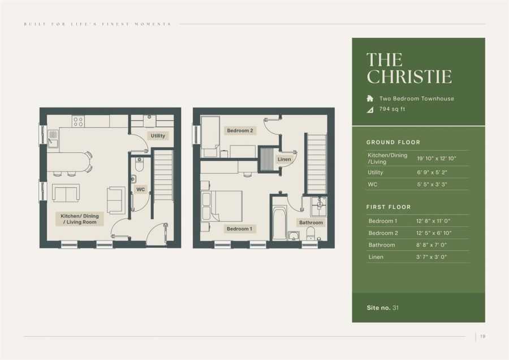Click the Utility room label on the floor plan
point(158,136)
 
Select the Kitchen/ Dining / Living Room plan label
point(79,219)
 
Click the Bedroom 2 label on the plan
point(240,131)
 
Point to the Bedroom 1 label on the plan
point(239,229)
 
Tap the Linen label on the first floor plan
point(284,160)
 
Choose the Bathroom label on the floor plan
point(310,222)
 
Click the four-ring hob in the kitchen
point(78,121)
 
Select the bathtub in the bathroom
point(279,222)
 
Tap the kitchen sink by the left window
point(53,137)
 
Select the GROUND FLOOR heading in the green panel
point(393,142)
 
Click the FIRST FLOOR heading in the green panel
point(388,207)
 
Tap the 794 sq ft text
point(392,109)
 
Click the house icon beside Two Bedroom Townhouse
point(370,98)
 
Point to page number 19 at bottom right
point(482,337)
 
